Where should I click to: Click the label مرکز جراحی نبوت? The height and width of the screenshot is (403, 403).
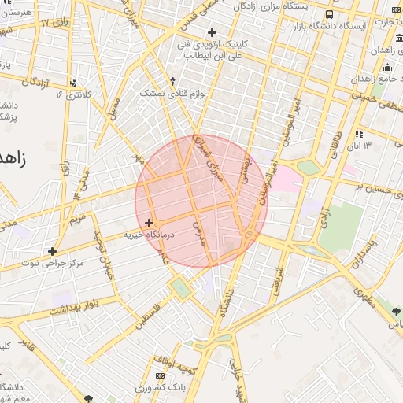(54, 264)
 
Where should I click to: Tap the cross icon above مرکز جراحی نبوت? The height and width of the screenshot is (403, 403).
(53, 251)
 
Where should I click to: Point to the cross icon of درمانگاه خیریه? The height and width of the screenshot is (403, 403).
(149, 224)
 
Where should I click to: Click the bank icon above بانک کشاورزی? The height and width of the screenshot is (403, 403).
(161, 375)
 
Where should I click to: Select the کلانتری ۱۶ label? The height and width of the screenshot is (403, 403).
(74, 94)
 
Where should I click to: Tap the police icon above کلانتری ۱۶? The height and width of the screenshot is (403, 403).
(74, 82)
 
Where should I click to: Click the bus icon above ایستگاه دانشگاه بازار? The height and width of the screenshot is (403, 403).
(328, 14)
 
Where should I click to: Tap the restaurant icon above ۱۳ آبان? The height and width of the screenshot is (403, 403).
(359, 134)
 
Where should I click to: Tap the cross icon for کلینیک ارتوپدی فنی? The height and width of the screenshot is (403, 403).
(211, 32)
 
